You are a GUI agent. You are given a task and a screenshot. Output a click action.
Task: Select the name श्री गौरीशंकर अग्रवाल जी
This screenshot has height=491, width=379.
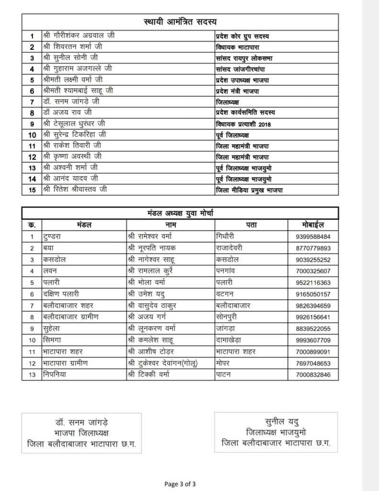point(80,36)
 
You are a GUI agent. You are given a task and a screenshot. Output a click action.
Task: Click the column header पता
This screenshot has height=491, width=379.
point(251,224)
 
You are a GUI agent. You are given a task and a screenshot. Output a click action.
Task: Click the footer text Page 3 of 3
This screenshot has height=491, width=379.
point(179,483)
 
